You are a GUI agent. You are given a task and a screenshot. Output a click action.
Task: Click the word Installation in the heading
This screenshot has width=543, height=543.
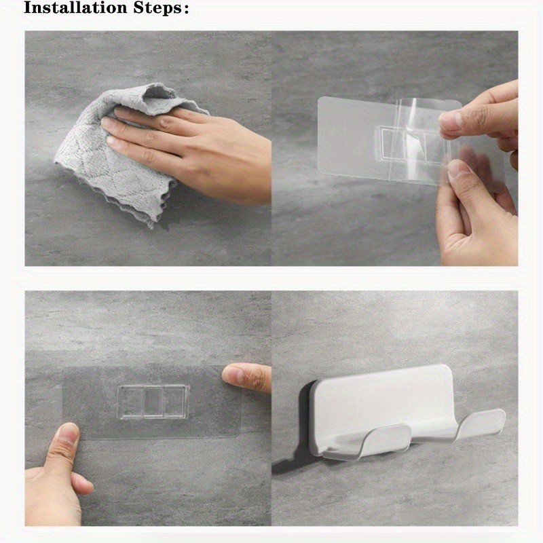point(75,7)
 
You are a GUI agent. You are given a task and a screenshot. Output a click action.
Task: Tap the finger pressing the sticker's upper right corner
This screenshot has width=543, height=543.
point(246,377)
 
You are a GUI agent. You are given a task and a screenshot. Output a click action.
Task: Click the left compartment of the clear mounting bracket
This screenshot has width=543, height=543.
point(131,402)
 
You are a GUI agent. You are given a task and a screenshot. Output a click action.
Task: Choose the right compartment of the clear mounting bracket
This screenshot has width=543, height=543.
point(176,402)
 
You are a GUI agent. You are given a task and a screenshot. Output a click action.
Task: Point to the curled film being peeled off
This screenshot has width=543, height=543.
point(414,138)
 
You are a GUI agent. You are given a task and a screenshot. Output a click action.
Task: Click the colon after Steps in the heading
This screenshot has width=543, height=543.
point(186,9)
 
